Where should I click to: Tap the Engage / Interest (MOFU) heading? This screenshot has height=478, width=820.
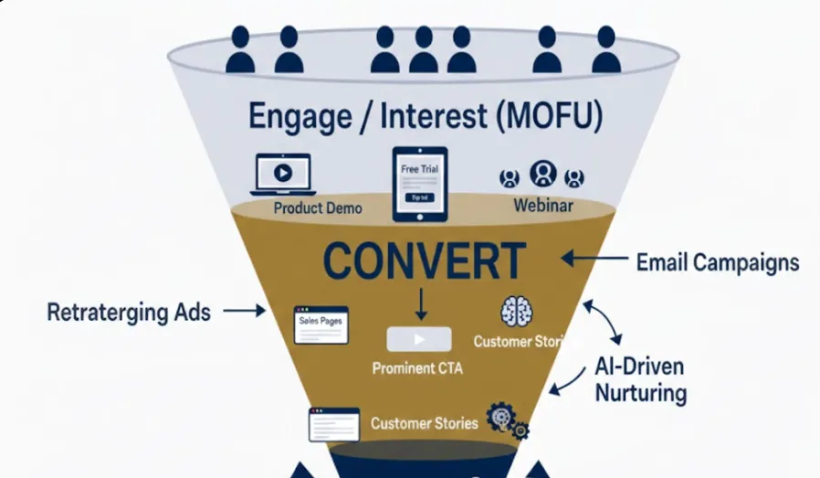[426, 117]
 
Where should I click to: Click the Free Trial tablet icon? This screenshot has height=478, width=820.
[420, 184]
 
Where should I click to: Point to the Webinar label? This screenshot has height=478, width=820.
[542, 206]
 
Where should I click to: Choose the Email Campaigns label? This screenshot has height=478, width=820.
[717, 263]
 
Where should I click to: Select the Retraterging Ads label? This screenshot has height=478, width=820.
[129, 313]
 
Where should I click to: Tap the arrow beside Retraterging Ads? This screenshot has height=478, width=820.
[245, 312]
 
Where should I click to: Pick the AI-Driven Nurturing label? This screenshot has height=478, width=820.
[640, 380]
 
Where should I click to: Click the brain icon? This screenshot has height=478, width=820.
[517, 312]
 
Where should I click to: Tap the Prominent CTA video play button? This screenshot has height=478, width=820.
[419, 339]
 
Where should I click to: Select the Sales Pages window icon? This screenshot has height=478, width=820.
[321, 324]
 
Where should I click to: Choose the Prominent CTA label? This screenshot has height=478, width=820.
[417, 369]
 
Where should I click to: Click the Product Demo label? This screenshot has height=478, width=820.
[318, 208]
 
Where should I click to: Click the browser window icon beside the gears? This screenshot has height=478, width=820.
[333, 424]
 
